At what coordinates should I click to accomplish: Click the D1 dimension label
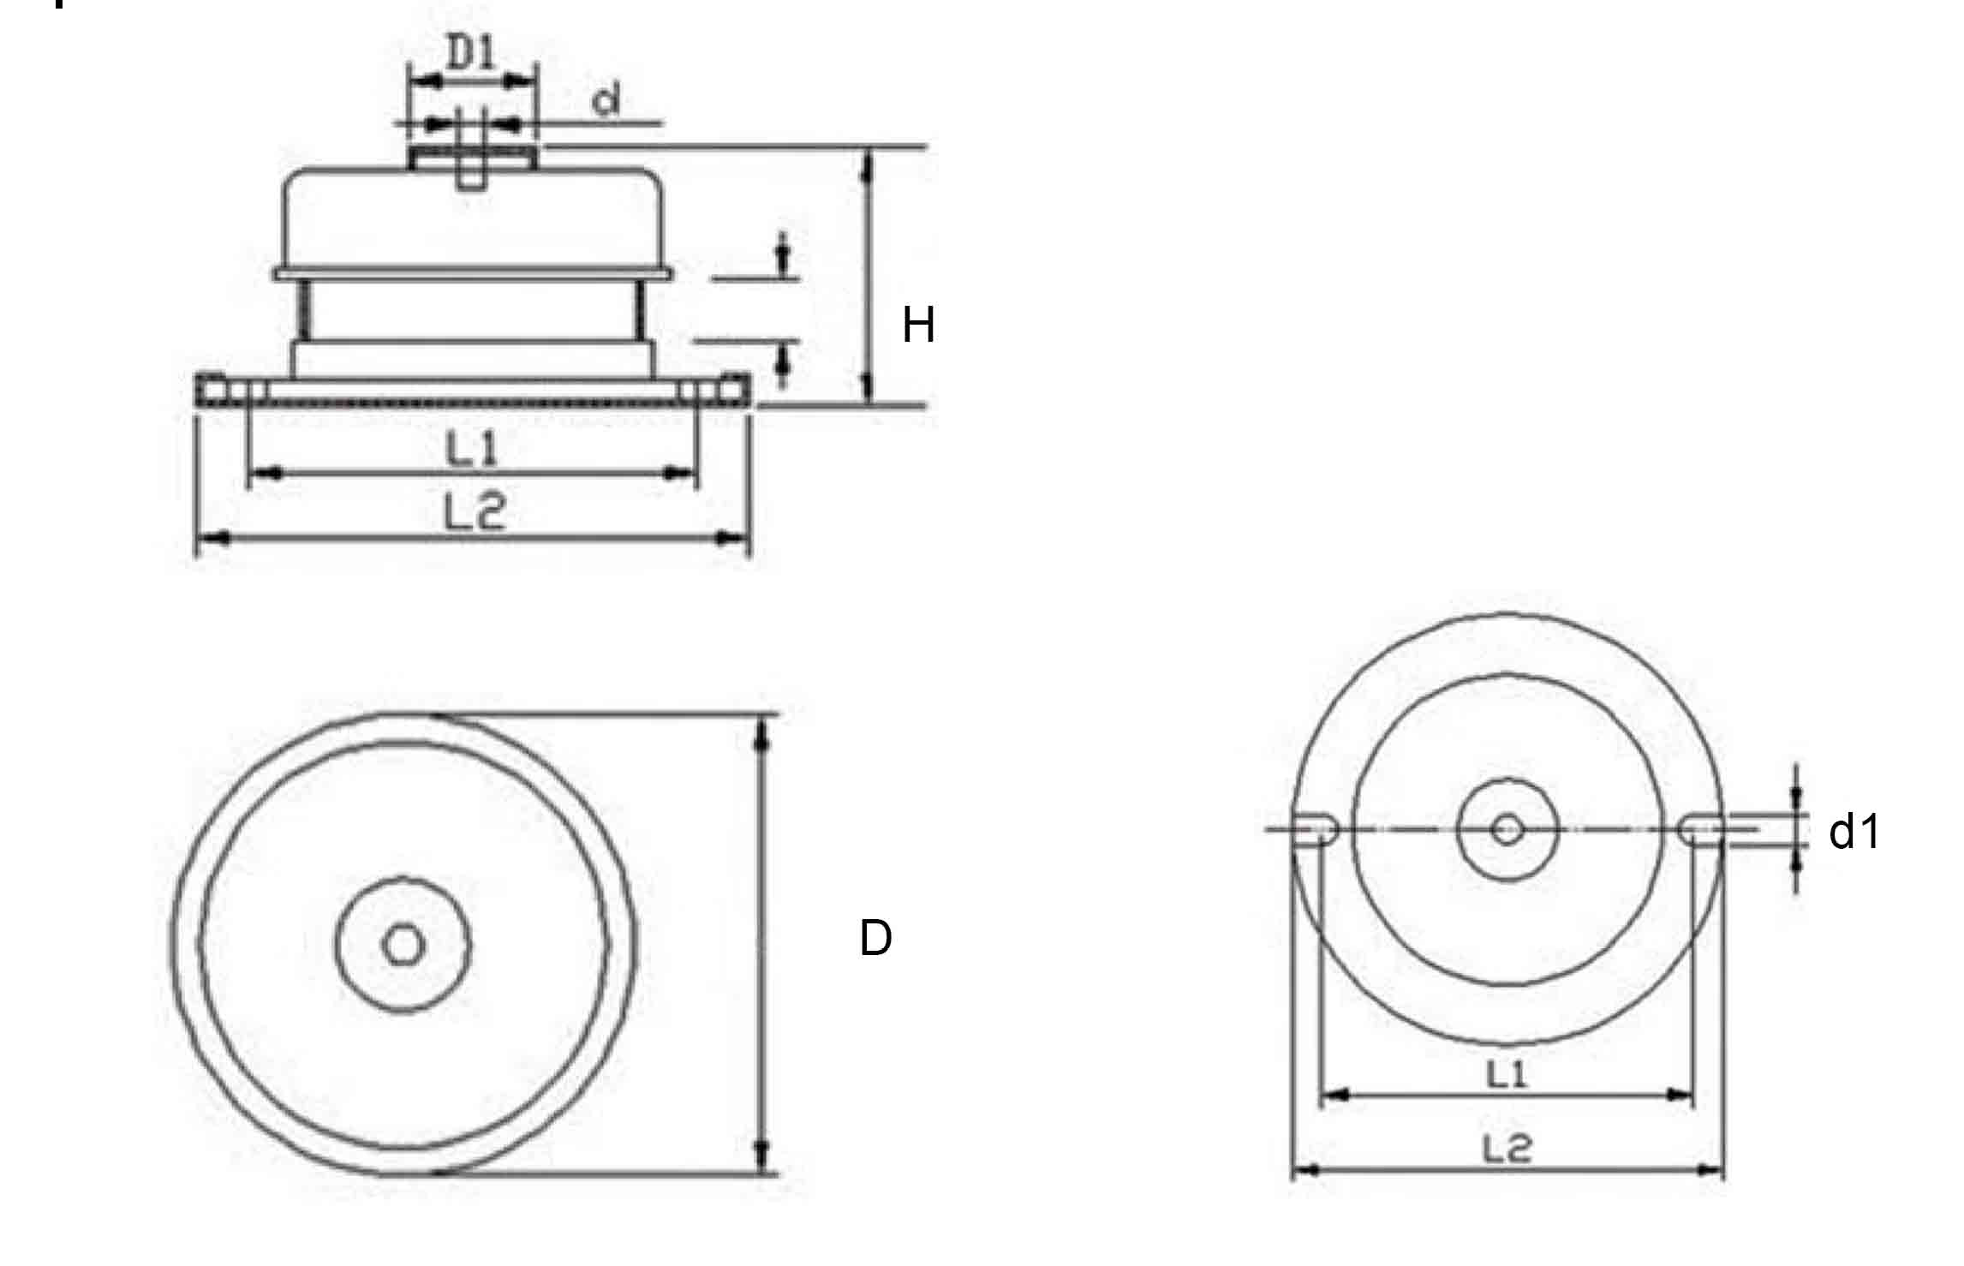473,55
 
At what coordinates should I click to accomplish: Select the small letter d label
606,101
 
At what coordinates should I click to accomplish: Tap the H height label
918,325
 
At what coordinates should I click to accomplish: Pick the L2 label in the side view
475,514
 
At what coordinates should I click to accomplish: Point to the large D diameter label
875,939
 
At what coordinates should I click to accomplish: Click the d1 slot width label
1854,832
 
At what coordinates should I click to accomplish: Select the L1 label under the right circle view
1507,1073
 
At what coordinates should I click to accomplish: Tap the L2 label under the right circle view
1507,1148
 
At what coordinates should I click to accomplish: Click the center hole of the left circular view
403,946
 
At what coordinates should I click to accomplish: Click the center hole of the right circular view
1507,829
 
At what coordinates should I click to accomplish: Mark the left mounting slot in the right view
1314,829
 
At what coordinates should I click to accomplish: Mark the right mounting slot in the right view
1699,829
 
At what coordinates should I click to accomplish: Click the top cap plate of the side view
474,157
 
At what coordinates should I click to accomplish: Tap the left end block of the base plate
212,390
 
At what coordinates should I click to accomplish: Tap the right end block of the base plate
734,390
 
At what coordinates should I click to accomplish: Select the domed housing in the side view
474,218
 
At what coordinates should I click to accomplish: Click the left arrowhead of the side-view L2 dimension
213,538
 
